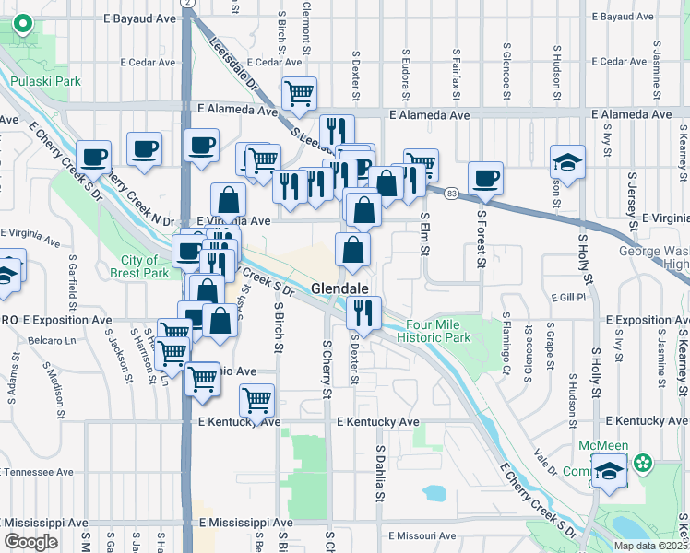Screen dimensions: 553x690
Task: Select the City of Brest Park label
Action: coord(144,266)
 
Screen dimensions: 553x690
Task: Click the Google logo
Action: coord(30,541)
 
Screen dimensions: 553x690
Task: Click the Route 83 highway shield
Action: coord(450,193)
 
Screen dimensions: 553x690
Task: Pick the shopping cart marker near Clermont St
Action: coord(299,94)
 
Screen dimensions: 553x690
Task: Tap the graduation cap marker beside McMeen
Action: coord(610,473)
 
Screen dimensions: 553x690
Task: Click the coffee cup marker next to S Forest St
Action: coord(485,179)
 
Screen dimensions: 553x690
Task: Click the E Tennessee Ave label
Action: coord(37,471)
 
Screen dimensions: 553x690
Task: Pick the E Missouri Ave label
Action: coord(422,535)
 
